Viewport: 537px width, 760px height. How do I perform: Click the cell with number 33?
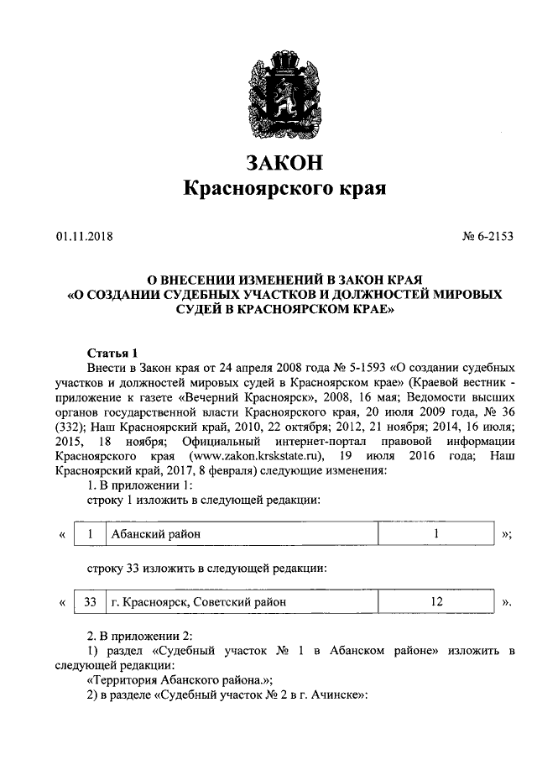(91, 601)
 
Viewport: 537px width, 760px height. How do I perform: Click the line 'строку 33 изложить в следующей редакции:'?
(206, 569)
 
